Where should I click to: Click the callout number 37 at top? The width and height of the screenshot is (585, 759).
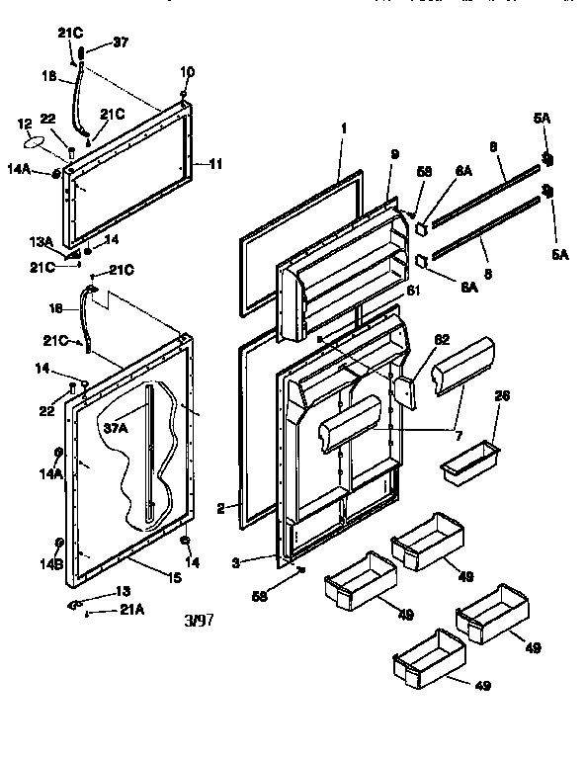[120, 43]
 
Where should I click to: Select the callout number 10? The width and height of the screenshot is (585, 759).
[187, 72]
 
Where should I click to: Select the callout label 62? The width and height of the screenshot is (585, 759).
[442, 337]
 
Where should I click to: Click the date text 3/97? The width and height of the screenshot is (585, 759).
[199, 622]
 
